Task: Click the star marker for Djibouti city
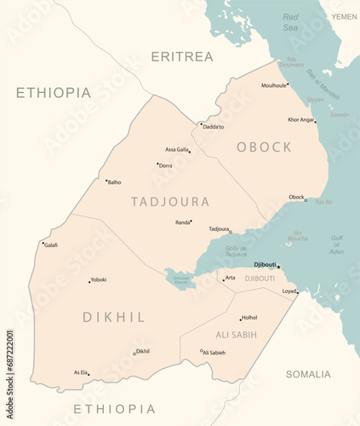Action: pos(278,266)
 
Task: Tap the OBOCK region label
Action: pos(264,147)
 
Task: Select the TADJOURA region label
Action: pos(170,202)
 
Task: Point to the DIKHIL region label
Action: pos(113,317)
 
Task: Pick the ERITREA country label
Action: pos(181,57)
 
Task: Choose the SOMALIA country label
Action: pos(308,374)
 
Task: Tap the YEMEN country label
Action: pos(344,16)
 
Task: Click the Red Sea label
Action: pos(290,21)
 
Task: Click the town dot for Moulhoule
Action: pos(288,85)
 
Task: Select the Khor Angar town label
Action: pos(300,120)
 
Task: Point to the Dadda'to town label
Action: pos(214,127)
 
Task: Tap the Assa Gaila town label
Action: pos(176,149)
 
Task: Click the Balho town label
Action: pos(114,182)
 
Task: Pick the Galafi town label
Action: pos(51,245)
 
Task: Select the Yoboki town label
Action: pos(99,279)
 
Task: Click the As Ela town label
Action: pos(80,372)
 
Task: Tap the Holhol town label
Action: pos(249,318)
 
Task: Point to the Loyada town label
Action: pos(289,291)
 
